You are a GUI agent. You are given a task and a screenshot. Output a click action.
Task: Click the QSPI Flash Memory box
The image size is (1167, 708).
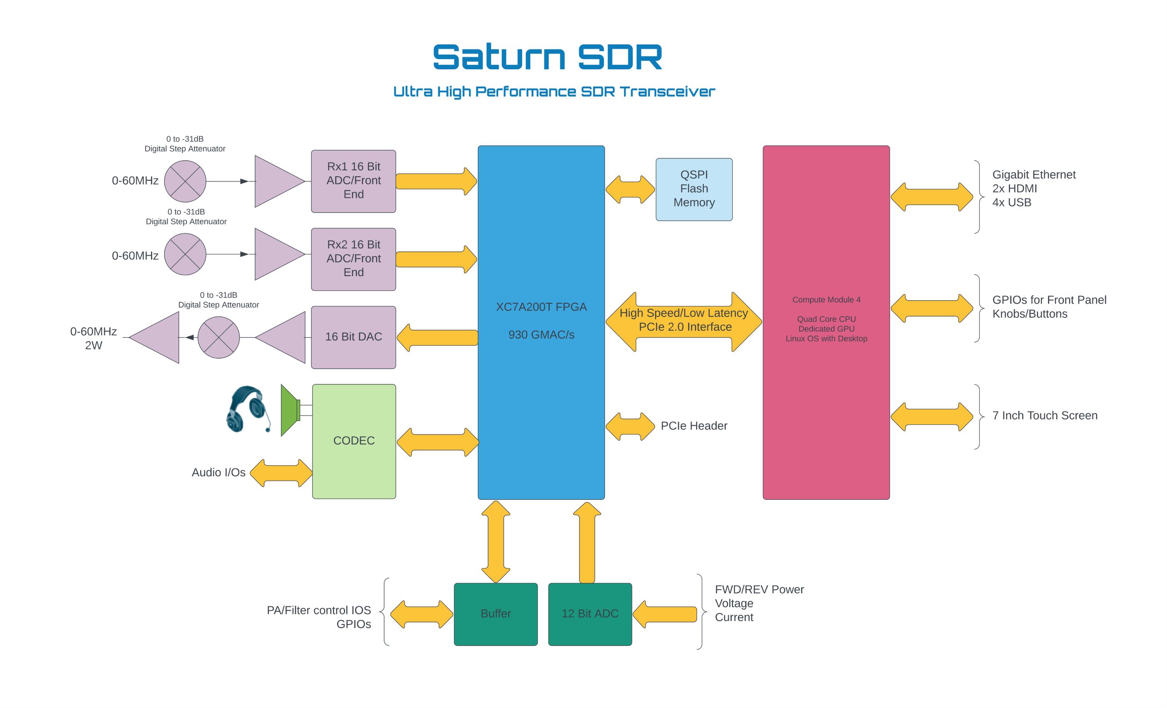point(694,189)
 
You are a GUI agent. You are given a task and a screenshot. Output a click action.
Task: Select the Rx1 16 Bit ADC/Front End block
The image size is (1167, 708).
point(353,181)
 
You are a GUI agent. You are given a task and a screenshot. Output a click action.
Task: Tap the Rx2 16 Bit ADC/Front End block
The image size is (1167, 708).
point(353,259)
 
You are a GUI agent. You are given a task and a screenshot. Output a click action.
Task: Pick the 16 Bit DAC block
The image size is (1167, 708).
point(353,337)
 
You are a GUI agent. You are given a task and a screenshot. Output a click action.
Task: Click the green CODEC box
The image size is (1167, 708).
point(354,441)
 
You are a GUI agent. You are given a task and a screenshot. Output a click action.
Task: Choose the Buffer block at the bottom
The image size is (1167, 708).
point(496,614)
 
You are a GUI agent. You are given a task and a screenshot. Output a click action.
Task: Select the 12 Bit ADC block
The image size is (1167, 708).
point(590,614)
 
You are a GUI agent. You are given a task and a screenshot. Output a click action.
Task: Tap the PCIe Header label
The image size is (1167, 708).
point(694,426)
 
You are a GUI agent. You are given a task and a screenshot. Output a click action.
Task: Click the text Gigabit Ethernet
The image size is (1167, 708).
point(1033,175)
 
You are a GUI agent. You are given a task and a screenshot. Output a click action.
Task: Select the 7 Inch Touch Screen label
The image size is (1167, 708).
point(1044,415)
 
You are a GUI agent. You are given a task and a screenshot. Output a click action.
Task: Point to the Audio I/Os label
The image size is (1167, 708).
point(218,472)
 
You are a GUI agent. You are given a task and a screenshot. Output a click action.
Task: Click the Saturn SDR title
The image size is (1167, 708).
point(547,57)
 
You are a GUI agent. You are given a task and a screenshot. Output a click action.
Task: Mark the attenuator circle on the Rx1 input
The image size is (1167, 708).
point(185,181)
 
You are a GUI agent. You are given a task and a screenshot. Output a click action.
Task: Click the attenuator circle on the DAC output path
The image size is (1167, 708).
point(218,337)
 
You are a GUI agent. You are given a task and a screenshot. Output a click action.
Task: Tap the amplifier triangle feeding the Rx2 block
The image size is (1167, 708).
point(277,254)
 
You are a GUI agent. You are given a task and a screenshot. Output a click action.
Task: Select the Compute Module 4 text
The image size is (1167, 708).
point(826,300)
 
